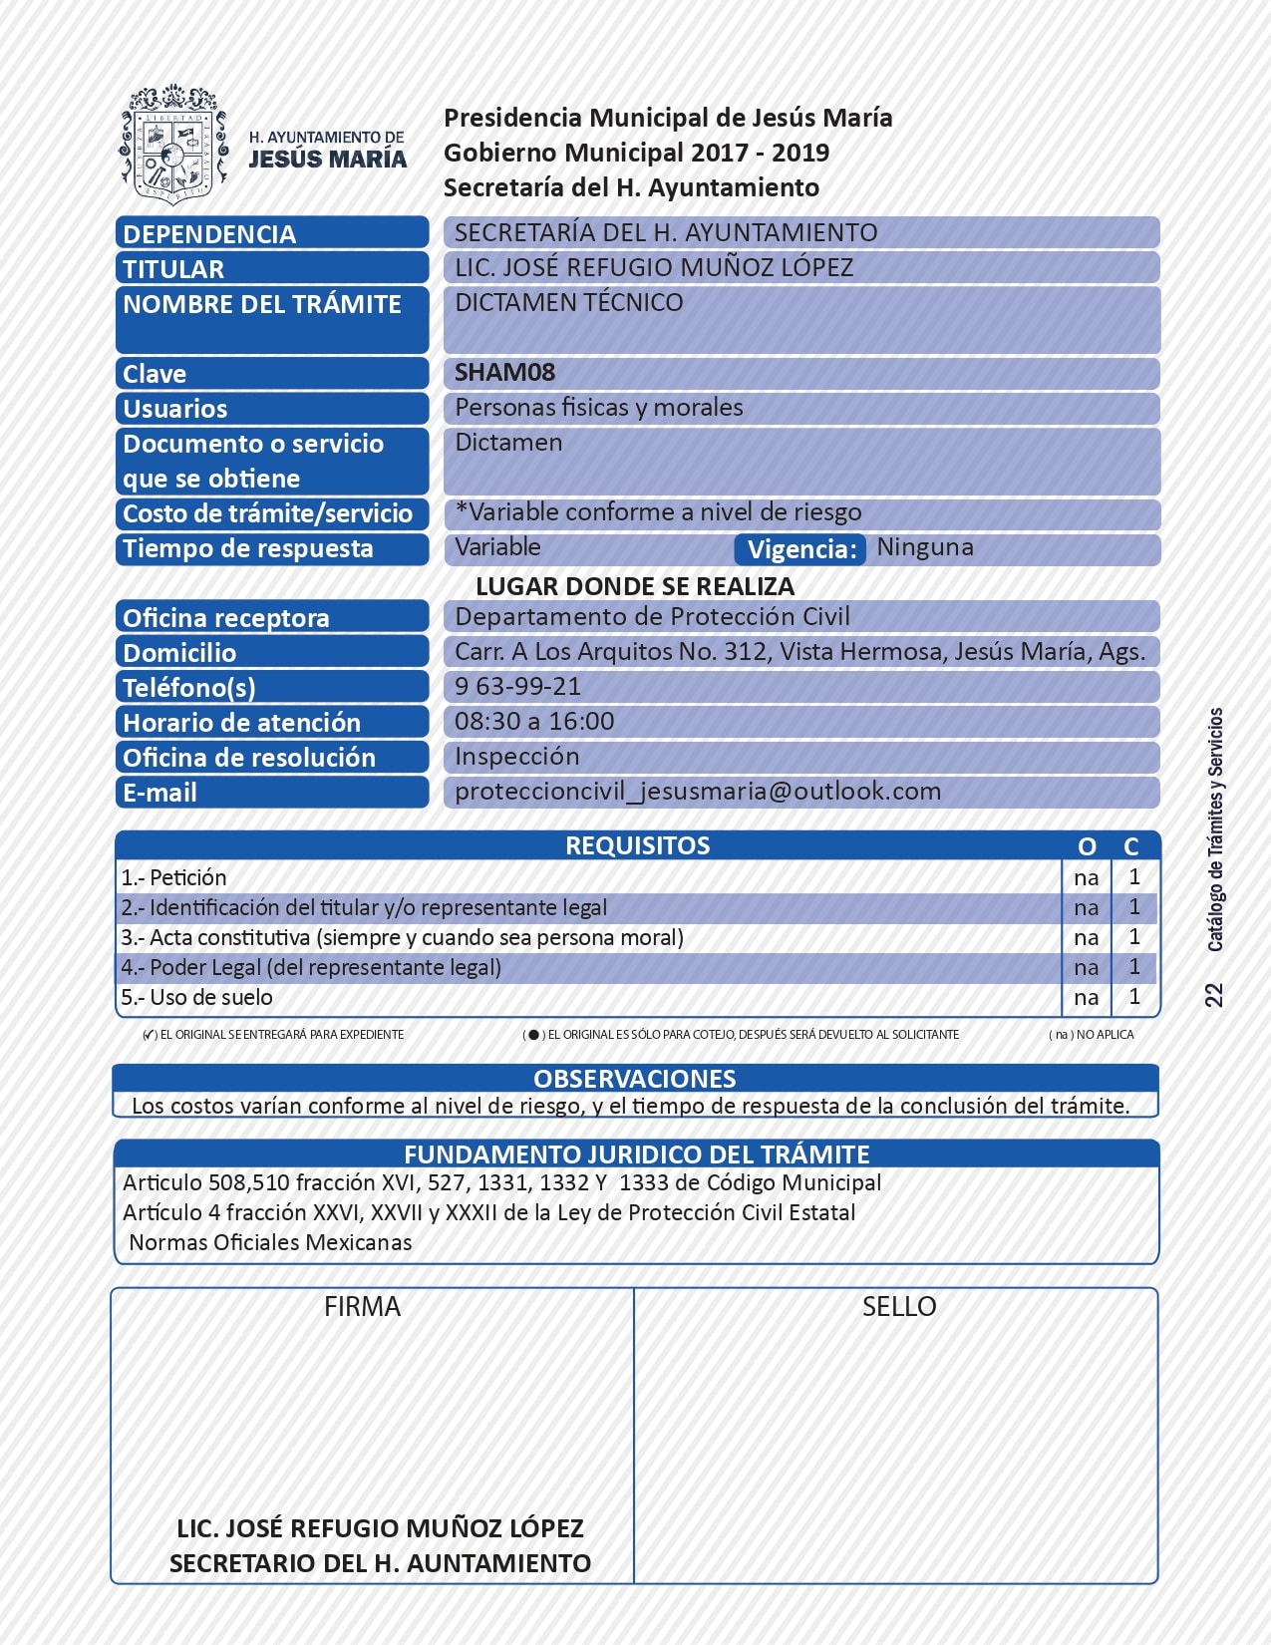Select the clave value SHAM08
504,373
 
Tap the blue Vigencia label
800,549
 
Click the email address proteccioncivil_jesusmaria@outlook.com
698,792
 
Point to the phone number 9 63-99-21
517,687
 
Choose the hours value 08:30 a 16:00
534,722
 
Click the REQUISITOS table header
637,845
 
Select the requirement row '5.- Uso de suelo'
196,997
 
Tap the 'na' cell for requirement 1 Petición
1086,878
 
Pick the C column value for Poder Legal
1133,967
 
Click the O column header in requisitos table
1087,846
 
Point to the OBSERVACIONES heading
635,1079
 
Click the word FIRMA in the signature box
362,1307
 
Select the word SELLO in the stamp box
899,1307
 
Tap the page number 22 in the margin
1213,995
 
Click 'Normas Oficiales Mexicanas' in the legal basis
270,1243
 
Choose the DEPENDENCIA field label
209,234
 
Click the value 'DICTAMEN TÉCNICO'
569,303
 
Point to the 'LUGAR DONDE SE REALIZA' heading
635,586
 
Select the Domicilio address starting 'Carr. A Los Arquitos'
799,652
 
